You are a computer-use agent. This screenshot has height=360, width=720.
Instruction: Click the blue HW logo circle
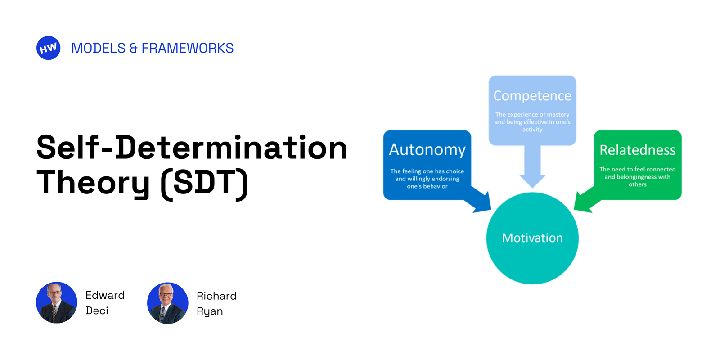coord(48,48)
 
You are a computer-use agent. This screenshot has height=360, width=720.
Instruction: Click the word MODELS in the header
coord(98,48)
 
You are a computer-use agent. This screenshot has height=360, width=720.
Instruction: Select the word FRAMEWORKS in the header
coord(187,48)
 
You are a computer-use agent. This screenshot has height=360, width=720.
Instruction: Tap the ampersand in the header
coord(133,48)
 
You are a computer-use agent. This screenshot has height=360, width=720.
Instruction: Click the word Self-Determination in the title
coord(192,148)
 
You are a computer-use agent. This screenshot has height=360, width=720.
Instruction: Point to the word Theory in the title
coord(93,182)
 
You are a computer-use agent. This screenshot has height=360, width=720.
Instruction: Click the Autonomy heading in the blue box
coord(427,150)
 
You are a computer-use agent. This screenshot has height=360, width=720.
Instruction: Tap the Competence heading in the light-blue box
coord(532,96)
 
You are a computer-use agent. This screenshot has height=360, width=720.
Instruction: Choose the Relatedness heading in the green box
coord(637,150)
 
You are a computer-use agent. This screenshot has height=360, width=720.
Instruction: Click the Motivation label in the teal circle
coord(532,238)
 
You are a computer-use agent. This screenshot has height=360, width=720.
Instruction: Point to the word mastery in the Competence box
coord(558,115)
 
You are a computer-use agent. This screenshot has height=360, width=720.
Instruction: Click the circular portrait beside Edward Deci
coord(57,303)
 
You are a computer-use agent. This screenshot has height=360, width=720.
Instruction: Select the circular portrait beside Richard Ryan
coord(168,303)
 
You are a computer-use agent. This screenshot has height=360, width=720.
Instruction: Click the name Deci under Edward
coord(97,310)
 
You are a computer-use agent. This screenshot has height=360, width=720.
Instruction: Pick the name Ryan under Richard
coord(210,311)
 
